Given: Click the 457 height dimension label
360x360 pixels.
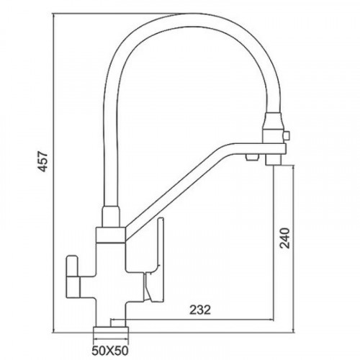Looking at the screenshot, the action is tap(43, 161).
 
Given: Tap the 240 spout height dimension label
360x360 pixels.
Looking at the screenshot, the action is tap(285, 238).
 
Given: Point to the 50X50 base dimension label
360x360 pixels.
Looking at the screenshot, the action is tap(110, 351).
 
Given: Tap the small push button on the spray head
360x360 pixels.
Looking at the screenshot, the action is tap(287, 135).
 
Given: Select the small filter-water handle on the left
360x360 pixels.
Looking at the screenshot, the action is tap(72, 276).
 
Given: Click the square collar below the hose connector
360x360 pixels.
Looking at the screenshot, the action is tap(111, 235).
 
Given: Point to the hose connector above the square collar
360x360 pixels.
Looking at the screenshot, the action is tap(111, 216).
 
